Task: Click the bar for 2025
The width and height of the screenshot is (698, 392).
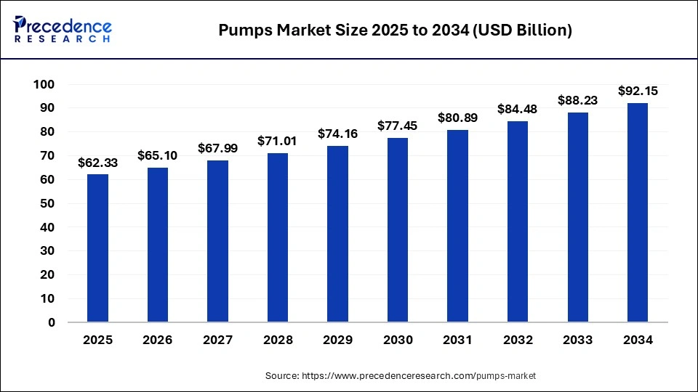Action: (97, 248)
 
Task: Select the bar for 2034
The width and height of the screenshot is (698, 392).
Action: (637, 212)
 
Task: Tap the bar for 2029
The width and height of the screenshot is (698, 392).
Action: (337, 234)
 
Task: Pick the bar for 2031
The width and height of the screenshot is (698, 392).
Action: (457, 226)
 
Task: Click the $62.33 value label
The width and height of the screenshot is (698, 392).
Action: (97, 163)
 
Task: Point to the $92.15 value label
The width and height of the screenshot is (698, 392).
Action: (637, 91)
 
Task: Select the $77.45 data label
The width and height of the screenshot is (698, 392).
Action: (397, 126)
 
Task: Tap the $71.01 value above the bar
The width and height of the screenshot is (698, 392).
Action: (277, 141)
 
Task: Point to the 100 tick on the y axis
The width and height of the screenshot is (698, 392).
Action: (44, 85)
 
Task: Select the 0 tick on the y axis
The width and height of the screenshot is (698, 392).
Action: (51, 322)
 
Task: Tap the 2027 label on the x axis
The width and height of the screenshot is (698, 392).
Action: (217, 340)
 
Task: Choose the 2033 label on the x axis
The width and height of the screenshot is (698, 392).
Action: (577, 340)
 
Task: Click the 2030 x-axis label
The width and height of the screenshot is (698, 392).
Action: (397, 340)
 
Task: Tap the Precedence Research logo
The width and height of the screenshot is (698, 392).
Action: (62, 30)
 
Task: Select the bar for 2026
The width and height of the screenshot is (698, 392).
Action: (157, 245)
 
